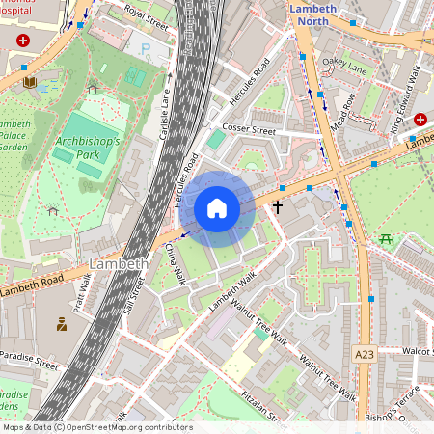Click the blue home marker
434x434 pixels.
(x=217, y=208)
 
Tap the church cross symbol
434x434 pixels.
(x=278, y=206)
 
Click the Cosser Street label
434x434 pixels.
(x=249, y=129)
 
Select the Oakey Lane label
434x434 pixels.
(x=345, y=65)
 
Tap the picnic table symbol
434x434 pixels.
(x=386, y=238)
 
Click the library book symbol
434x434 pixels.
(x=30, y=84)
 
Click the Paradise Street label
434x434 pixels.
(x=29, y=366)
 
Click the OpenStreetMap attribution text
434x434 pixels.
(x=96, y=427)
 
